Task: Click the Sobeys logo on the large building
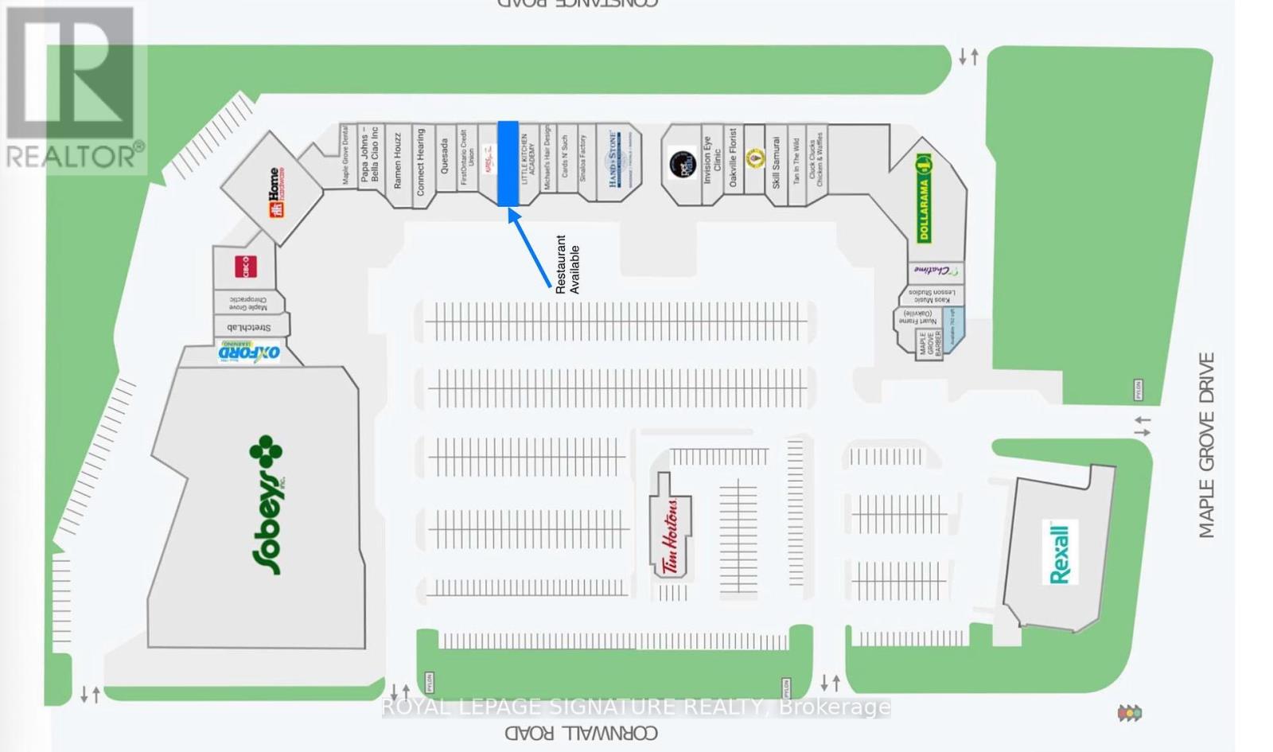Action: pyautogui.click(x=267, y=505)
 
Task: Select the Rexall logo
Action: pyautogui.click(x=1060, y=552)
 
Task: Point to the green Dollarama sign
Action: pyautogui.click(x=923, y=199)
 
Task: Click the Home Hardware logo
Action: pyautogui.click(x=275, y=192)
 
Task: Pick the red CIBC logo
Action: pyautogui.click(x=246, y=266)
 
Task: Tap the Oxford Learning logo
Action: pyautogui.click(x=250, y=352)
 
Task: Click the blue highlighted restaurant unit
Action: pyautogui.click(x=508, y=163)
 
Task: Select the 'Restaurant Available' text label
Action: pyautogui.click(x=567, y=264)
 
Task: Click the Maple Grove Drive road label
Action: pyautogui.click(x=1206, y=446)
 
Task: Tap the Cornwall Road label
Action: pyautogui.click(x=581, y=733)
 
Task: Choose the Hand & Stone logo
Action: pyautogui.click(x=614, y=160)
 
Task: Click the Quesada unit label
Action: pyautogui.click(x=445, y=157)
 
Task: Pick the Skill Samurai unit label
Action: pyautogui.click(x=776, y=163)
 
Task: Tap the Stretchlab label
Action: pyautogui.click(x=249, y=327)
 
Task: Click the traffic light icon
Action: pyautogui.click(x=1129, y=712)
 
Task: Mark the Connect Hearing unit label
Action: pyautogui.click(x=421, y=162)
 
